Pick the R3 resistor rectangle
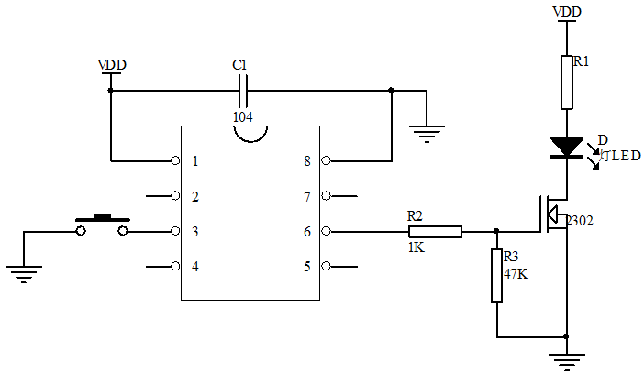pyautogui.click(x=496, y=275)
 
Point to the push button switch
pyautogui.click(x=102, y=225)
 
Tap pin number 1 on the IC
pyautogui.click(x=195, y=161)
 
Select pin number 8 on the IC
pyautogui.click(x=306, y=161)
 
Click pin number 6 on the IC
pyautogui.click(x=306, y=232)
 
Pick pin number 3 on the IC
pyautogui.click(x=195, y=232)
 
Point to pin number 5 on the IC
pyautogui.click(x=306, y=267)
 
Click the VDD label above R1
pyautogui.click(x=567, y=12)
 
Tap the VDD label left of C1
pyautogui.click(x=112, y=65)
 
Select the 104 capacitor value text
pyautogui.click(x=243, y=116)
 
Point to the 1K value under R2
pyautogui.click(x=416, y=247)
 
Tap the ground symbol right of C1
pyautogui.click(x=426, y=134)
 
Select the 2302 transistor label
pyautogui.click(x=581, y=221)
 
